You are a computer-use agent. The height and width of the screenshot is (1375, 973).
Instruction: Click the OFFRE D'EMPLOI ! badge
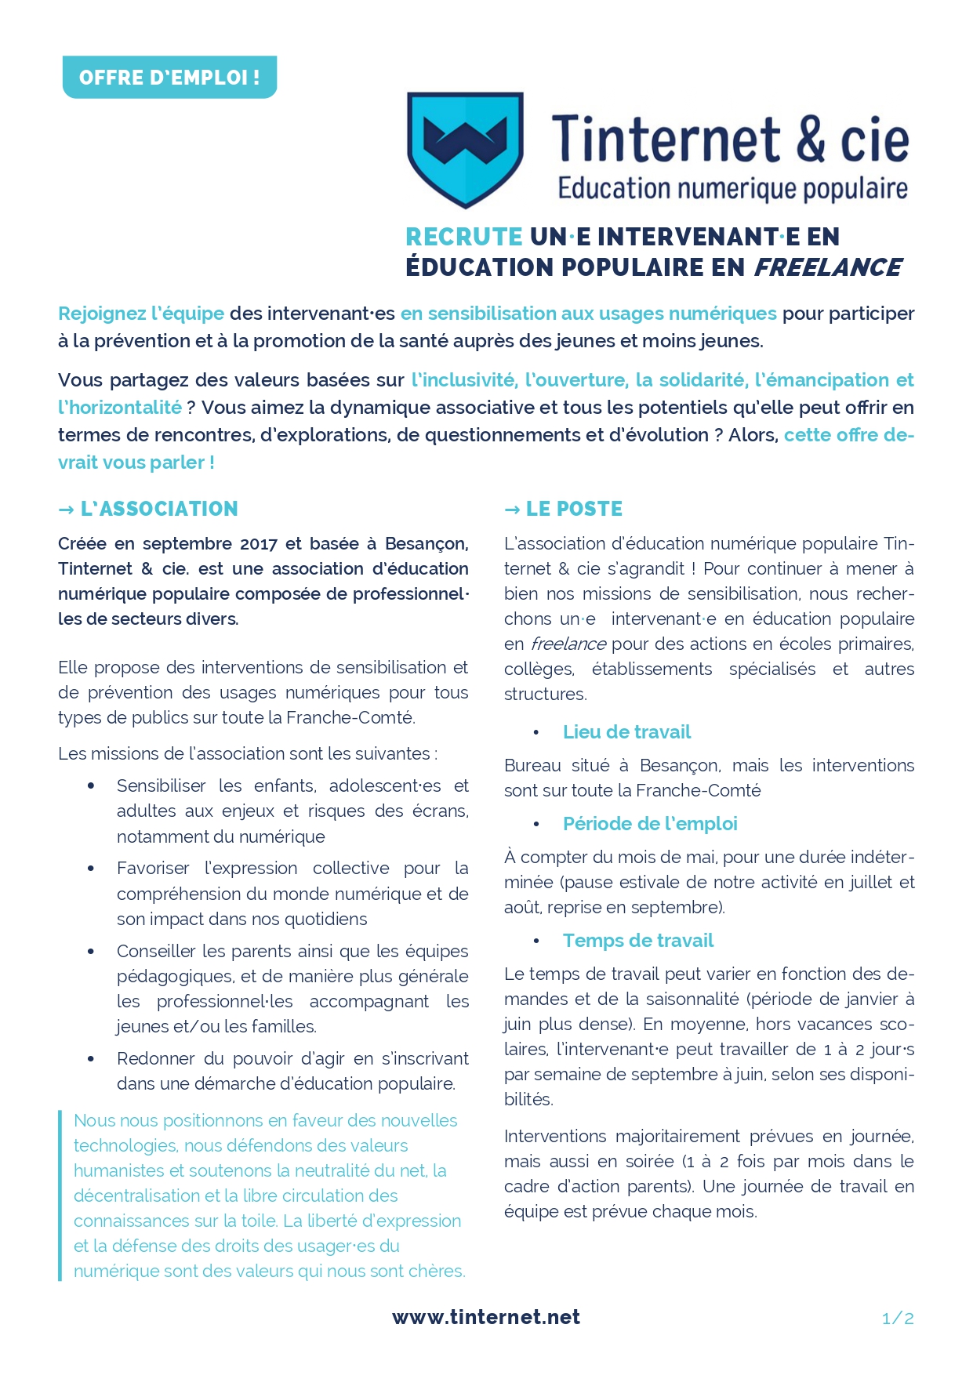coord(169,77)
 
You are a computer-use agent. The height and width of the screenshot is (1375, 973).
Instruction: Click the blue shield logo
coord(465,149)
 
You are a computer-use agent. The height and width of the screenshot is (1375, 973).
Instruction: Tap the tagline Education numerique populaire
coord(732,189)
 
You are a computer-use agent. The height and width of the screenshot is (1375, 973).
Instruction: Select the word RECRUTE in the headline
coord(464,237)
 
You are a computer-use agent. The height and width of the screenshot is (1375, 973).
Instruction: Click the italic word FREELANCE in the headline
coord(827,267)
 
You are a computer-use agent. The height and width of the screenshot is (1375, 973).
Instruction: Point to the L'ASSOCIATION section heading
coord(159,509)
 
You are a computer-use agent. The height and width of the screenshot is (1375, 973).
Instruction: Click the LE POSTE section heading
coord(574,509)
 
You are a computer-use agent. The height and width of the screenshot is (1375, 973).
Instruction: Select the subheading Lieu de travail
coord(626,732)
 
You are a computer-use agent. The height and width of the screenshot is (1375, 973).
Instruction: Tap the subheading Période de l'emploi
coord(650,824)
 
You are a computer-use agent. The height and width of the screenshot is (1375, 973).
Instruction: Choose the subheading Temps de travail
coord(638,941)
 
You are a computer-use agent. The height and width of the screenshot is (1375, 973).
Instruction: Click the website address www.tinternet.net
coord(486,1317)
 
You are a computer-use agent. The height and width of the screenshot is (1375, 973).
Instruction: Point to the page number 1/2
coord(898,1319)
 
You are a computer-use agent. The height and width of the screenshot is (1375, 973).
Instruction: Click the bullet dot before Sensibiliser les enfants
coord(92,785)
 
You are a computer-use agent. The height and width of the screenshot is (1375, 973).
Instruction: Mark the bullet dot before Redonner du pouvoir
coord(92,1059)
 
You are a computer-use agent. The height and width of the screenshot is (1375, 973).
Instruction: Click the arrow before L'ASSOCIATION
coord(66,510)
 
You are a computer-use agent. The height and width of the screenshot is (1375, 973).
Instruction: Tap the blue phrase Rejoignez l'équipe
coord(141,314)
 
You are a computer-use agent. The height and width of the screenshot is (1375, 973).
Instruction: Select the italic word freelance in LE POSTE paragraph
coord(568,644)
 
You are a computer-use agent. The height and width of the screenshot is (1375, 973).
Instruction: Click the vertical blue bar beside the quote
coord(60,1195)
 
